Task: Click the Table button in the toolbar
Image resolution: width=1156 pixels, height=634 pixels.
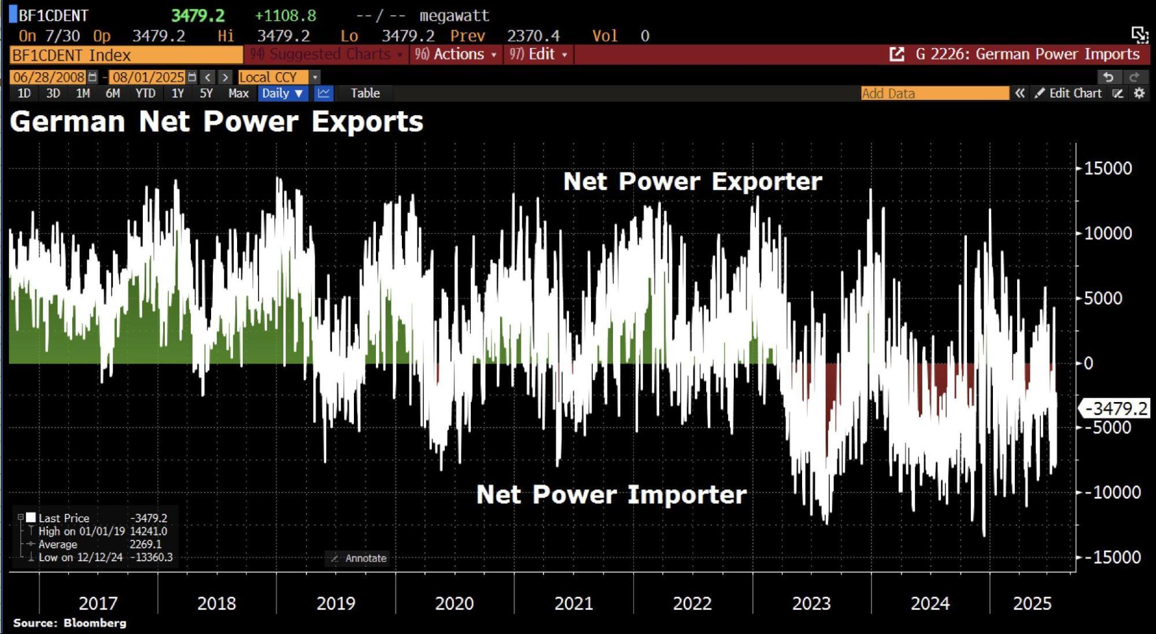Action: coord(365,93)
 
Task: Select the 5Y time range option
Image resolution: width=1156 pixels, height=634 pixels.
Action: coord(206,93)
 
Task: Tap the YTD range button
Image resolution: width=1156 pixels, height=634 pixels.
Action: coord(145,93)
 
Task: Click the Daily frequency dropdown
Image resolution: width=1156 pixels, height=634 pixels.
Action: coord(282,93)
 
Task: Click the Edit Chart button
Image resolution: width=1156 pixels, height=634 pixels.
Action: coord(1069,93)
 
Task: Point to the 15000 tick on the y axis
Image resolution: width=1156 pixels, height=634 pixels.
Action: coord(1107,168)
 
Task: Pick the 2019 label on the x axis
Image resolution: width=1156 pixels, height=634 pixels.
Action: coord(335,603)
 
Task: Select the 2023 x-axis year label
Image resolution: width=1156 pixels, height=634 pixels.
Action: coord(811,603)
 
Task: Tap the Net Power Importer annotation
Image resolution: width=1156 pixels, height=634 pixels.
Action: coord(611,495)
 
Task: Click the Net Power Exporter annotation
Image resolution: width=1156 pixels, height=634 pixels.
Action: coord(692,182)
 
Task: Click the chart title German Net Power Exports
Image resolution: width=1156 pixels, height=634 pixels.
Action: coord(217,122)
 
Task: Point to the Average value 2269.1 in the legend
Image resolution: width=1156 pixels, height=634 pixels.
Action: coord(145,544)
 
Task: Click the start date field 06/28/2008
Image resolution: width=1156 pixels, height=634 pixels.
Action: coord(49,77)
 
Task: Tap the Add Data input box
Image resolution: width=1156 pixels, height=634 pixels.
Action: coord(934,93)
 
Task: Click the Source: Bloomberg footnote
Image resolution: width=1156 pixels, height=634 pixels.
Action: coord(69,623)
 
